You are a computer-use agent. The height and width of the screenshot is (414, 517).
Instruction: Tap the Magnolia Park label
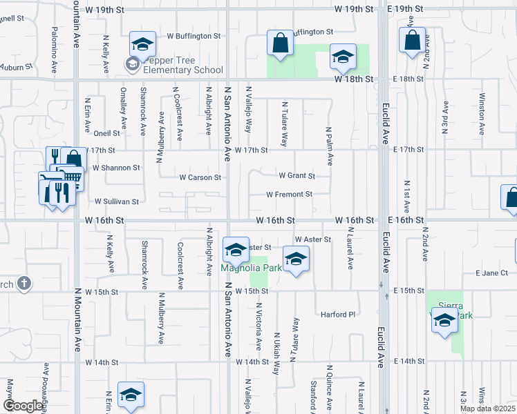(x=251, y=268)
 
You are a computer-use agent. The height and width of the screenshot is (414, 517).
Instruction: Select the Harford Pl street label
(x=337, y=315)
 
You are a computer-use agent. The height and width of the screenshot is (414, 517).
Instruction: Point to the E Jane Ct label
(x=492, y=273)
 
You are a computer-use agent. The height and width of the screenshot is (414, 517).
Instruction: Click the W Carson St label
(x=200, y=177)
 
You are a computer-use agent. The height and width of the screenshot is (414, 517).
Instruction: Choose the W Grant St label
(x=297, y=176)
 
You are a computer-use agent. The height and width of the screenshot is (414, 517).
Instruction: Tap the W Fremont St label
(x=289, y=195)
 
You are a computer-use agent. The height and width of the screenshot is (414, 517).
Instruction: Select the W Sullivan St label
(x=117, y=201)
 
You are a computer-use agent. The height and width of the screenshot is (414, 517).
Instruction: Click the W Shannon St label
(x=116, y=168)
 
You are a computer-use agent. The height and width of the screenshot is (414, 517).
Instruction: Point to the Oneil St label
(x=107, y=133)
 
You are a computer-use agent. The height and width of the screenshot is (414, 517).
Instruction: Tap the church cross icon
(x=23, y=283)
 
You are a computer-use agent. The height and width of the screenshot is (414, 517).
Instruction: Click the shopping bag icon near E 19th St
(x=412, y=41)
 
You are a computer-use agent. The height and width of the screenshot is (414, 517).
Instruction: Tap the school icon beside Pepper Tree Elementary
(x=142, y=46)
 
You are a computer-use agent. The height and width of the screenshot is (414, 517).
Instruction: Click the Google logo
(x=23, y=406)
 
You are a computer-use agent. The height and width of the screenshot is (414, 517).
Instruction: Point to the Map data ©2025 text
(x=487, y=408)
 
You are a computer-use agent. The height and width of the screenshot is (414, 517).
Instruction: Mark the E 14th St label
(x=408, y=362)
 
